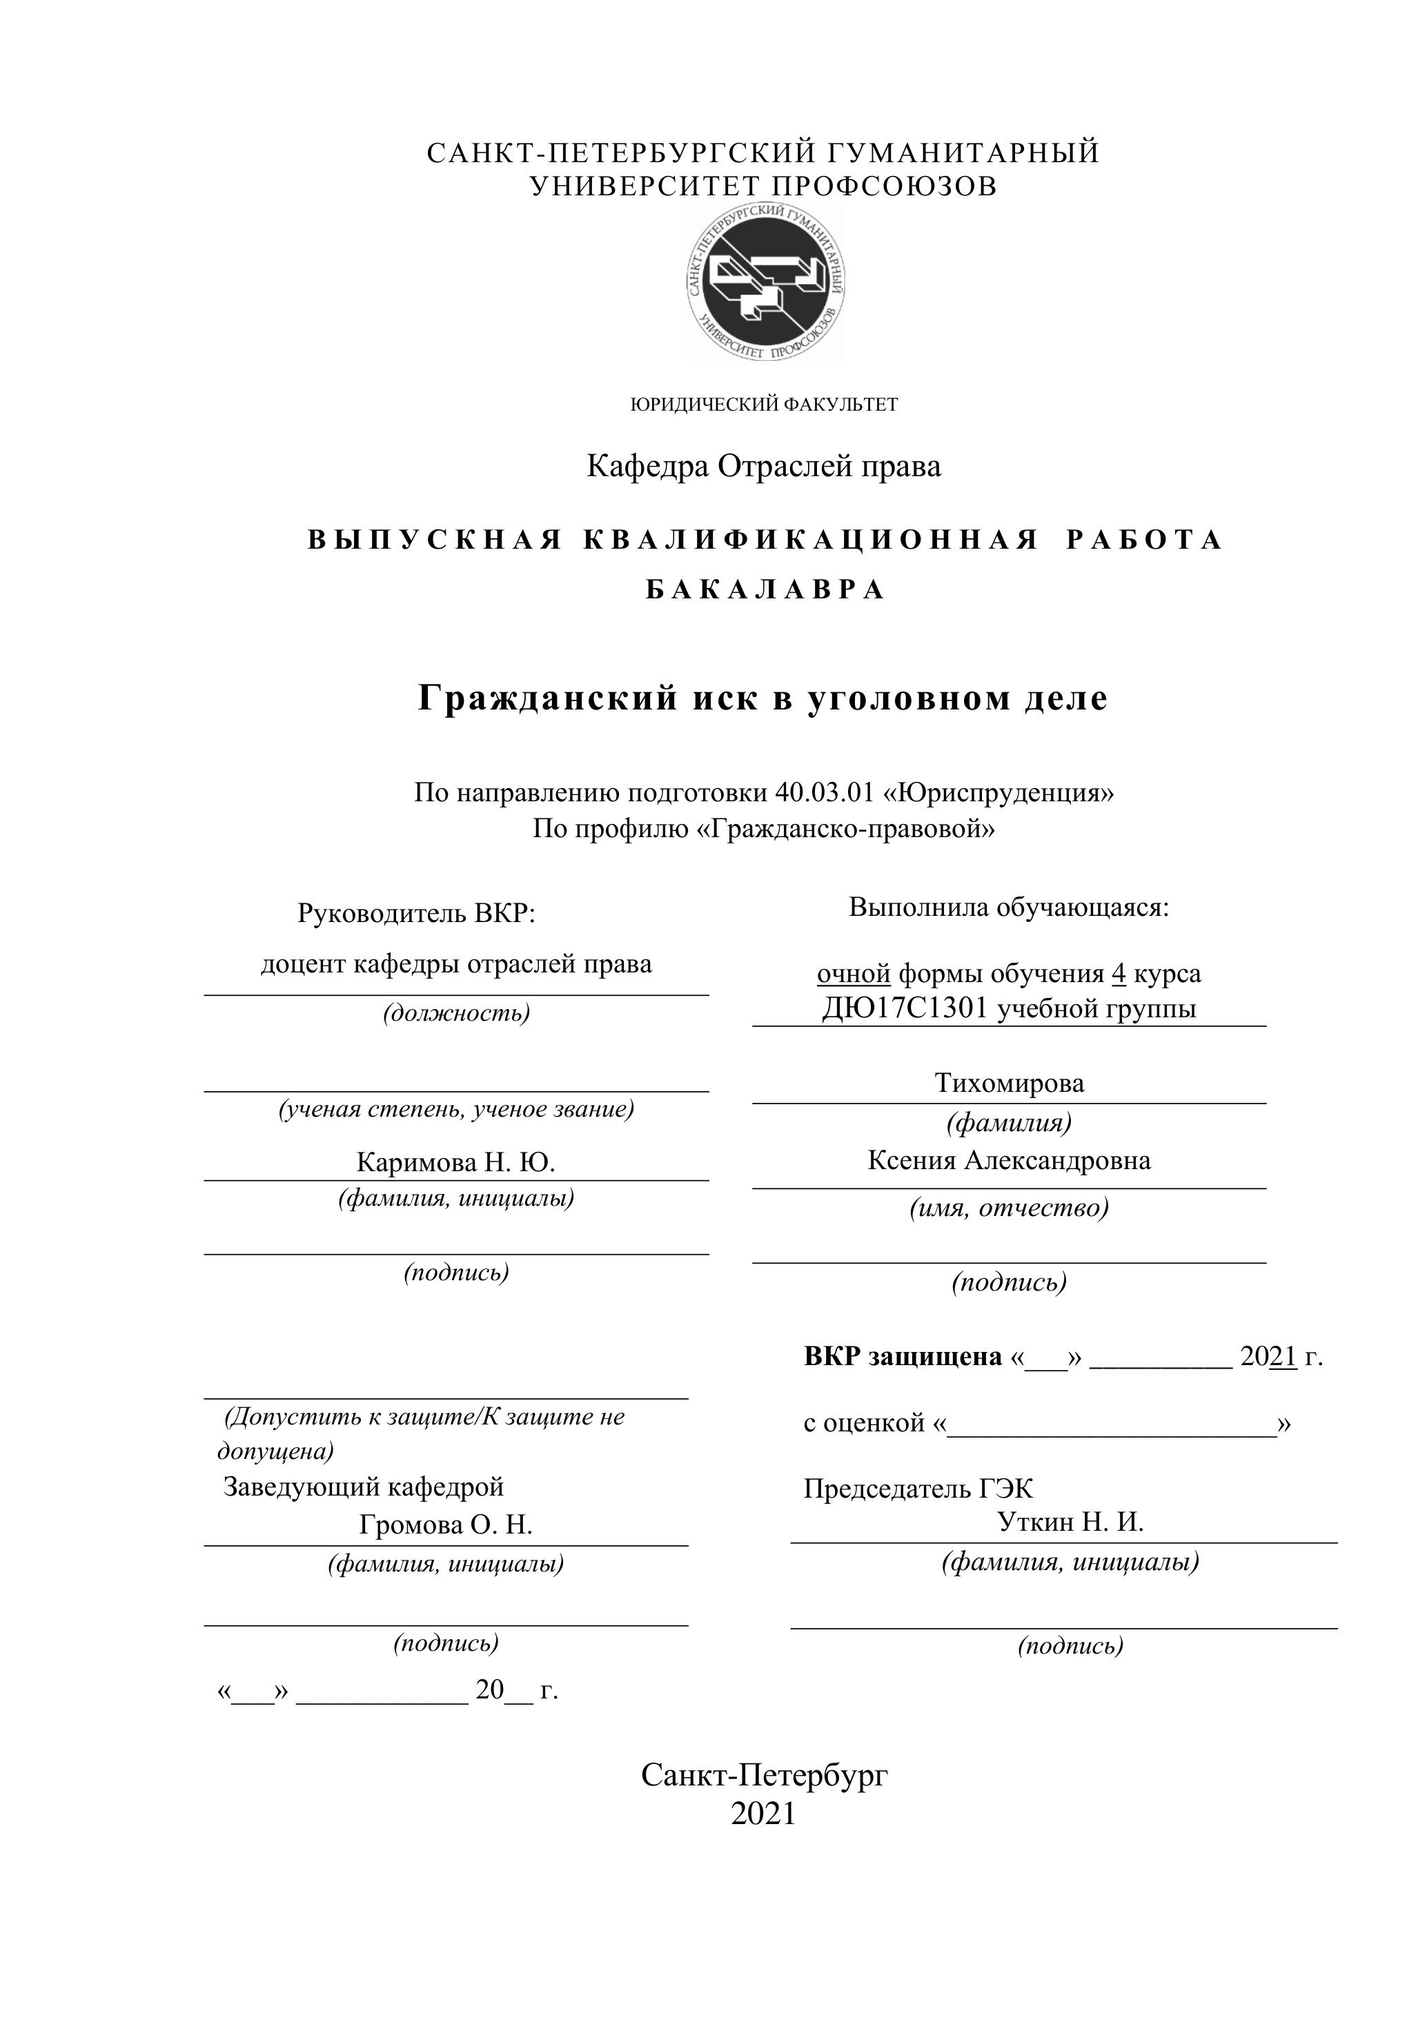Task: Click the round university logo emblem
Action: coord(765,283)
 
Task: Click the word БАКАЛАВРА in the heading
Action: coord(765,590)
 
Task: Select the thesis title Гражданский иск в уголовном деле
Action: coord(762,698)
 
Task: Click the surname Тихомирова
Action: coord(1009,1083)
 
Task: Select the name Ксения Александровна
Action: coord(1009,1160)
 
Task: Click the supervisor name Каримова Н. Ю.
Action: coord(455,1163)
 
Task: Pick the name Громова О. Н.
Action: coord(446,1525)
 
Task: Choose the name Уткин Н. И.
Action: coord(1070,1521)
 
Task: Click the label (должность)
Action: coord(456,1013)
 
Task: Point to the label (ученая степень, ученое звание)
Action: coord(456,1109)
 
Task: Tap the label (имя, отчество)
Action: coord(1009,1208)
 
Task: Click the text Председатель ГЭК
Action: coord(918,1488)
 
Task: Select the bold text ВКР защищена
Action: coord(903,1357)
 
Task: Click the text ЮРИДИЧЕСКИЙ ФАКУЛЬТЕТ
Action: coord(764,405)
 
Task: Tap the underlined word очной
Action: coord(853,974)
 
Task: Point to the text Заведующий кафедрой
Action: coord(364,1487)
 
